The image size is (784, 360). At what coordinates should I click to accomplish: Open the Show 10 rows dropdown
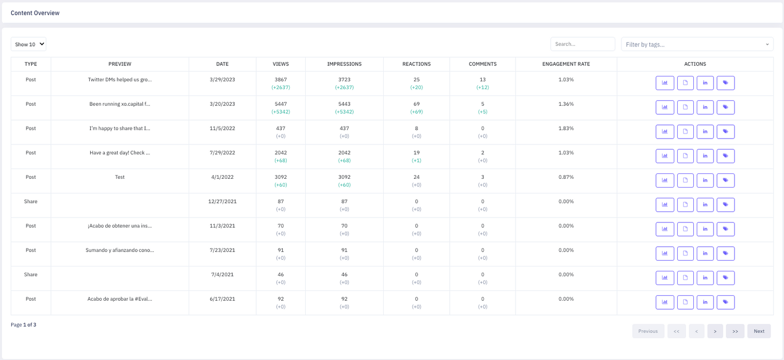[28, 44]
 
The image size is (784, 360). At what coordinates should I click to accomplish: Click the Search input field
[583, 44]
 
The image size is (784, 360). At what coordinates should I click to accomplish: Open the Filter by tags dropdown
[697, 45]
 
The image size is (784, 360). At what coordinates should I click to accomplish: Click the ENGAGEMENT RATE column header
[566, 64]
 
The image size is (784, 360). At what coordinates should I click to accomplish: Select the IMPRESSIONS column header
[344, 64]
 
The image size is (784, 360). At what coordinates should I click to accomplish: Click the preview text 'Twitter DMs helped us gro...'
[120, 79]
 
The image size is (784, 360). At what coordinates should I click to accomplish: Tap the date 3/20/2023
[222, 104]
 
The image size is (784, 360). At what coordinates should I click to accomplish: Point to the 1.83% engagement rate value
[566, 128]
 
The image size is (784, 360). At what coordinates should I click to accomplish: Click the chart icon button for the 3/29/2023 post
[664, 83]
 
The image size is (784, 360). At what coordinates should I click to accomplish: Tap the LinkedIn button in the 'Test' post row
[705, 180]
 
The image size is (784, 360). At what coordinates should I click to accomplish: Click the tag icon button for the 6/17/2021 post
[726, 302]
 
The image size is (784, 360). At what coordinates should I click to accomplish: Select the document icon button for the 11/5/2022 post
[686, 132]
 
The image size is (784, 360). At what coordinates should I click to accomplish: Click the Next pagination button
[759, 331]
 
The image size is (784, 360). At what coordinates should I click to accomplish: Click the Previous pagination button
[648, 331]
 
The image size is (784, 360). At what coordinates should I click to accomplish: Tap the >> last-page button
[735, 331]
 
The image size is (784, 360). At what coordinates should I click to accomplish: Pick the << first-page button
[677, 331]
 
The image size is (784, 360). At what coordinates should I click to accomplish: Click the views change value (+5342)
[281, 112]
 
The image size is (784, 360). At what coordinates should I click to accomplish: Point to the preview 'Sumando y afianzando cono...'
[120, 250]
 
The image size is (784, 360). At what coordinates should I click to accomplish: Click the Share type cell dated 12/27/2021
[31, 201]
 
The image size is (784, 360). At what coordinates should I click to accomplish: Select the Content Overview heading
[35, 13]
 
